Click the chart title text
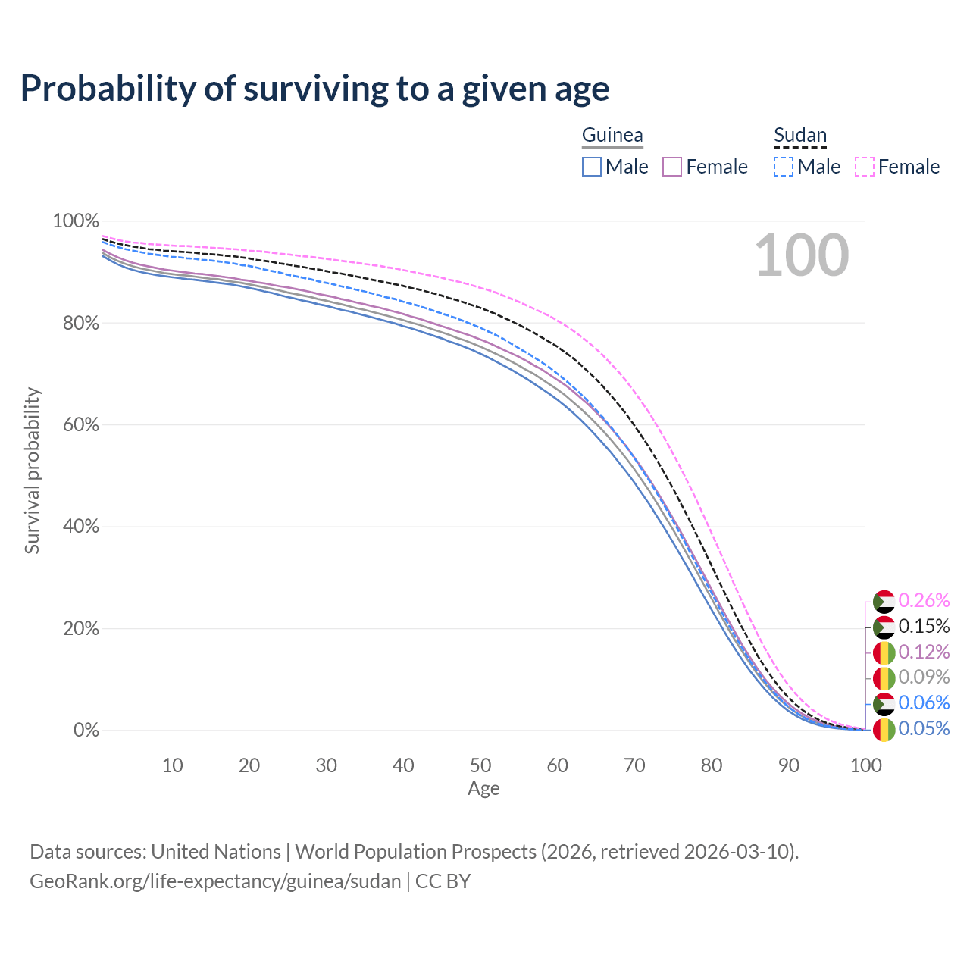[x=314, y=89]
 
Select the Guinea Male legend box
[x=592, y=167]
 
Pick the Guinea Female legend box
[x=672, y=167]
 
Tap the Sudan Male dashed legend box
[x=784, y=167]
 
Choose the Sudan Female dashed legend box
[x=865, y=167]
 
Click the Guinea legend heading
[x=612, y=135]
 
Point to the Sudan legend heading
[x=799, y=135]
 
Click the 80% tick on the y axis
[x=76, y=324]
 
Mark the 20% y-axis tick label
[x=76, y=629]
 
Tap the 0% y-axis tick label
[x=86, y=731]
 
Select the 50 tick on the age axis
[x=480, y=765]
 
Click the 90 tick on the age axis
[x=789, y=765]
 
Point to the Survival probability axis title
[x=32, y=471]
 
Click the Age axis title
[x=483, y=789]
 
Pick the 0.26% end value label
[x=924, y=601]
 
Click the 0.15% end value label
[x=924, y=627]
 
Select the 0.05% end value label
[x=924, y=729]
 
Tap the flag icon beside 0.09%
[x=884, y=678]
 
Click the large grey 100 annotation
[x=802, y=255]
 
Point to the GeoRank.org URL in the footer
[x=215, y=881]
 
